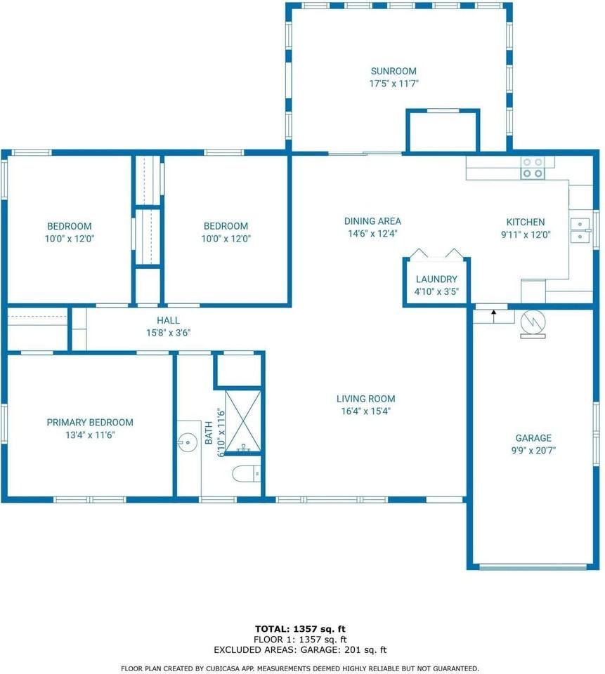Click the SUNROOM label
pyautogui.click(x=393, y=71)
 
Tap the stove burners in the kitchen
pyautogui.click(x=533, y=168)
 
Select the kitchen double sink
pyautogui.click(x=580, y=230)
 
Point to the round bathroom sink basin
pyautogui.click(x=188, y=442)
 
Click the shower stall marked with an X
pyautogui.click(x=243, y=421)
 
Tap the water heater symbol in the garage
pyautogui.click(x=533, y=324)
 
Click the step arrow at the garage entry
pyautogui.click(x=493, y=316)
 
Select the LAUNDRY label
pyautogui.click(x=436, y=279)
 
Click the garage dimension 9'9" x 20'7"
pyautogui.click(x=533, y=451)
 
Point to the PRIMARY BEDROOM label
pyautogui.click(x=90, y=423)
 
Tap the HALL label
pyautogui.click(x=168, y=320)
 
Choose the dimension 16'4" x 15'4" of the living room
pyautogui.click(x=366, y=411)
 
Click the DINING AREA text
pyautogui.click(x=372, y=221)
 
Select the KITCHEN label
pyautogui.click(x=526, y=223)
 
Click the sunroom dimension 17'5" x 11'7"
pyautogui.click(x=393, y=84)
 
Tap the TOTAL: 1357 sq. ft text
pyautogui.click(x=300, y=630)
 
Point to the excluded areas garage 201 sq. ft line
pyautogui.click(x=300, y=650)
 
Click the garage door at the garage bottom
pyautogui.click(x=533, y=567)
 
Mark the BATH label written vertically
pyautogui.click(x=209, y=433)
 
